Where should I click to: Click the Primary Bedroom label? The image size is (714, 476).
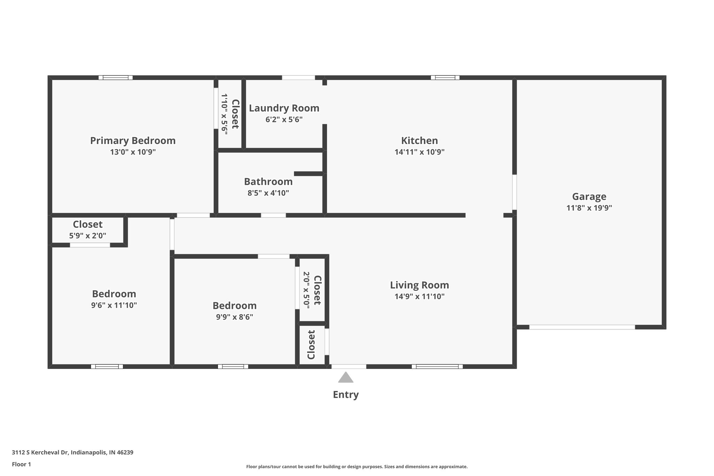[133, 141]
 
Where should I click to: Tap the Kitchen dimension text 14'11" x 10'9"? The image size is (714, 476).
[419, 152]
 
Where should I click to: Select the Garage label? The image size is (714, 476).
[589, 197]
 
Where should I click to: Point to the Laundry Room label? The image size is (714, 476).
[284, 108]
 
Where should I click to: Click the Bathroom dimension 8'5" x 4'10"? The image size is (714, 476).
[268, 193]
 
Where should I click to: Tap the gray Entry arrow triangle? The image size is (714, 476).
[345, 378]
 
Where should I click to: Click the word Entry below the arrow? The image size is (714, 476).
[345, 395]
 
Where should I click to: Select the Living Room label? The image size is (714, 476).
[419, 285]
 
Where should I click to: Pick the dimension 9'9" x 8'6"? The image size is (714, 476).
[234, 317]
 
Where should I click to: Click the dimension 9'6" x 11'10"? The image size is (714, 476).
[114, 305]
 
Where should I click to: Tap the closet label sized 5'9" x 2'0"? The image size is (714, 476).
[88, 224]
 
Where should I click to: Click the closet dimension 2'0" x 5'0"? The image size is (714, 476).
[306, 290]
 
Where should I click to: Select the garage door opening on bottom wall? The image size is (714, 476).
[582, 327]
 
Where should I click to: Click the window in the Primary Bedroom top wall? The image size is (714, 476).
[115, 78]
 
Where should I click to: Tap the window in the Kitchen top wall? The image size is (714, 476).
[445, 78]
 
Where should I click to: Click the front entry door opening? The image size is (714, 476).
[349, 367]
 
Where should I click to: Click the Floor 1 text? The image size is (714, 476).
[21, 464]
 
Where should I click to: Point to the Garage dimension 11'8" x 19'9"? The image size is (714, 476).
[589, 208]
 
